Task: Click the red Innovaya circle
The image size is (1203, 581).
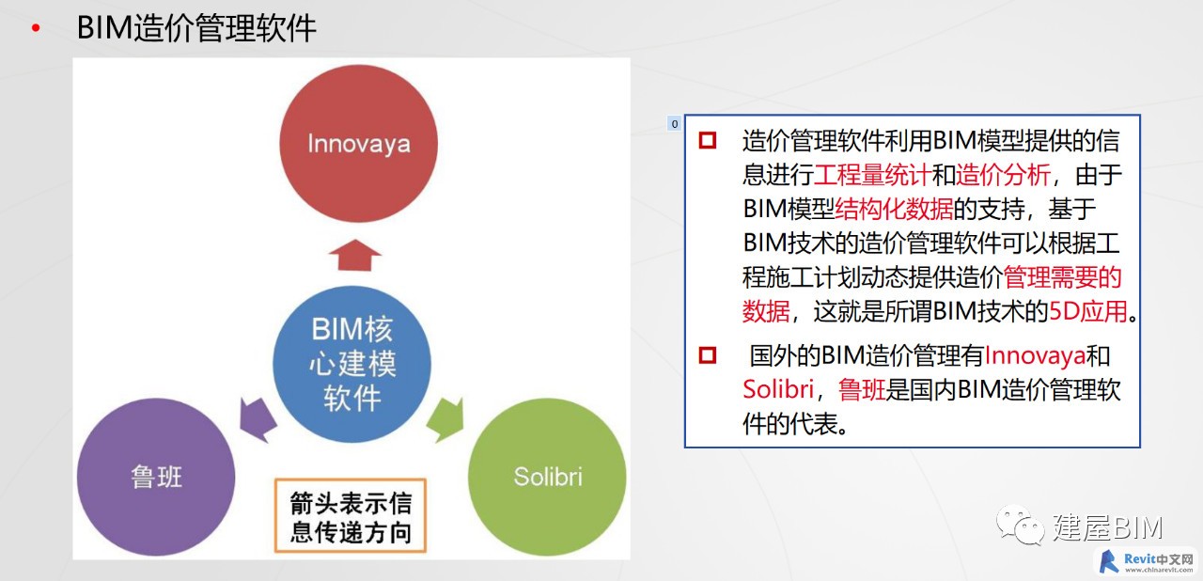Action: (358, 144)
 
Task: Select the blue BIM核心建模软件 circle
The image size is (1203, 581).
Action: (352, 364)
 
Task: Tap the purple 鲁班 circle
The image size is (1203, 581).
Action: (156, 477)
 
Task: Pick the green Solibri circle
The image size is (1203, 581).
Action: (547, 477)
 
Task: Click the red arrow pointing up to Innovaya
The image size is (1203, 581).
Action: (355, 255)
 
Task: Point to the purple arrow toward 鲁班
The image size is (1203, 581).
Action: (258, 420)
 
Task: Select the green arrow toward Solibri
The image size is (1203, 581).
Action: (445, 420)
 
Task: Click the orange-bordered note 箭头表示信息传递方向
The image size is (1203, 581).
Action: (351, 515)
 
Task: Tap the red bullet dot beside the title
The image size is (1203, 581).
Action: (36, 28)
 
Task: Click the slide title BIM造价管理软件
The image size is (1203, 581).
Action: (196, 28)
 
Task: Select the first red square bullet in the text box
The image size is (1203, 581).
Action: (708, 141)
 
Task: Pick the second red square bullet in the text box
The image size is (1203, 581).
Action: (708, 355)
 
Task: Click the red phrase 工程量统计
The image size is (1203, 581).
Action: (873, 175)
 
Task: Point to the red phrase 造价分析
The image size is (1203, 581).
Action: (1003, 175)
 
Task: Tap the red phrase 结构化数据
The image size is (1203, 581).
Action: (894, 209)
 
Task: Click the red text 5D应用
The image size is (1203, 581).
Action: (1088, 311)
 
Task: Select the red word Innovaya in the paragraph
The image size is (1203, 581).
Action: (1036, 355)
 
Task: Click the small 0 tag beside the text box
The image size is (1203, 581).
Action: (675, 123)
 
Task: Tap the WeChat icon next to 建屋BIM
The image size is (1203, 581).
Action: (1020, 525)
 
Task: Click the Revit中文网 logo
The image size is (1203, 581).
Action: (1146, 562)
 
